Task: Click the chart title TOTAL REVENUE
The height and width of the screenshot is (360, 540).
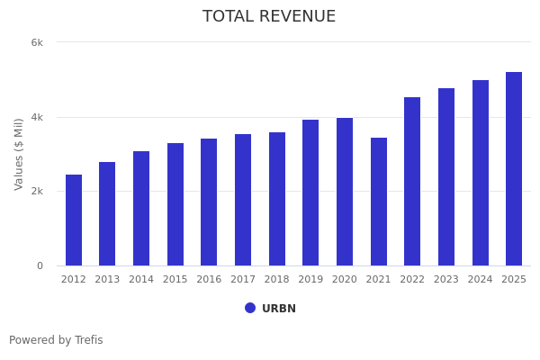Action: [x=269, y=17]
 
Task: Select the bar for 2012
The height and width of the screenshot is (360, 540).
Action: [x=74, y=220]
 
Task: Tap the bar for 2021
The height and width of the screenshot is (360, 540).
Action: [x=379, y=202]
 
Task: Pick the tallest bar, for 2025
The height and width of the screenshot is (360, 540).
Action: [x=514, y=169]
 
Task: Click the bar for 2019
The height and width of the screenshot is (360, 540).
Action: [x=310, y=193]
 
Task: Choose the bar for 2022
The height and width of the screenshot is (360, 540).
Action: [x=412, y=182]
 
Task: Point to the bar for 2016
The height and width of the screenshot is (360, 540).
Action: [x=209, y=202]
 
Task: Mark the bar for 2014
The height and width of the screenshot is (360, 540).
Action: [x=141, y=209]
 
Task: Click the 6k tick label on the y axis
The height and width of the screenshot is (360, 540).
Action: [x=37, y=42]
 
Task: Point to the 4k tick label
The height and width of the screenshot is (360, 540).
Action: [x=37, y=117]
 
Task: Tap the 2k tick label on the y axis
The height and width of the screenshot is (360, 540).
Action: [x=37, y=192]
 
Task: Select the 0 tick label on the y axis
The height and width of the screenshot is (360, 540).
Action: [x=40, y=265]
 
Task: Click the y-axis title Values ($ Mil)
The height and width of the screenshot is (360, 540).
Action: [x=19, y=154]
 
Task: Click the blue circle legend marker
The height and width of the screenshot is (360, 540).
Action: [x=250, y=308]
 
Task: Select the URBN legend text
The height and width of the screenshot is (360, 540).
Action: [x=279, y=309]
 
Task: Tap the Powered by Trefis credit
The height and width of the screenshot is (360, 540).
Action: [x=56, y=340]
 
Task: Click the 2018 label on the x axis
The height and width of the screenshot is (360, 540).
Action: [x=277, y=280]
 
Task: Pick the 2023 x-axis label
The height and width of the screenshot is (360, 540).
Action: [x=446, y=280]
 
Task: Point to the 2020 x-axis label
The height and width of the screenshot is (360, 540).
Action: [x=345, y=280]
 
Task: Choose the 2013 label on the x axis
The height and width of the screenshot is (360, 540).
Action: [x=107, y=280]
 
